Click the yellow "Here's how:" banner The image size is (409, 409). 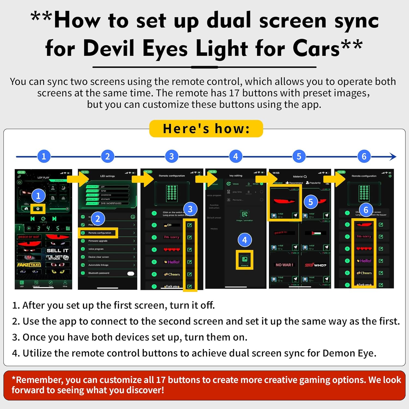(x=206, y=129)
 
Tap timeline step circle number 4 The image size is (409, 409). (x=236, y=156)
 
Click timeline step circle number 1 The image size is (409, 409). (x=44, y=156)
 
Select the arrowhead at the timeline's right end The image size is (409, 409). (x=393, y=157)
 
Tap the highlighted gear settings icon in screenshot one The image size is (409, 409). (x=38, y=209)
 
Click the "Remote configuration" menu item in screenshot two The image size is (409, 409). (x=100, y=233)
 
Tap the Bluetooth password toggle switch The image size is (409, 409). (x=131, y=273)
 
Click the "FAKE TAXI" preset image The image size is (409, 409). (x=29, y=265)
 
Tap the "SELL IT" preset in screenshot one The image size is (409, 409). (x=57, y=250)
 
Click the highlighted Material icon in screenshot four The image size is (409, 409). (x=245, y=260)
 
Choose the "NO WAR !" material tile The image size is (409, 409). (x=284, y=265)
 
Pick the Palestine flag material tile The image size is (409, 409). (x=315, y=233)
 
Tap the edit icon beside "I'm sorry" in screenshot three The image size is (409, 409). (x=190, y=237)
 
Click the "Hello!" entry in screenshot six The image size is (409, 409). (x=364, y=261)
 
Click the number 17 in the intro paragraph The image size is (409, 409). (x=234, y=93)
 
